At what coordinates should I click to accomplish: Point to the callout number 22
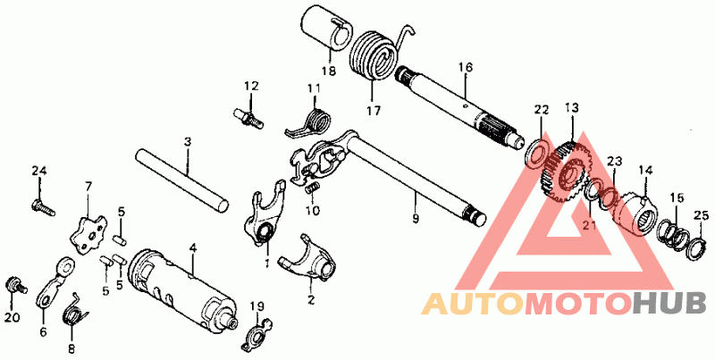click(540, 109)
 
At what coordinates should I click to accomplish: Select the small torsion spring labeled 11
click(315, 119)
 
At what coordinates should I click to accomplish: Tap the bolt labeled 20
click(13, 285)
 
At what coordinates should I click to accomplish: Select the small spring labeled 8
click(71, 315)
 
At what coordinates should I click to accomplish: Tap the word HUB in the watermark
click(667, 305)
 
